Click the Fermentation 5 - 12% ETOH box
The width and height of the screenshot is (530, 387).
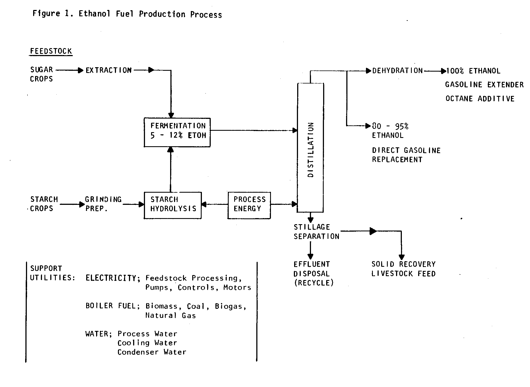[177, 132]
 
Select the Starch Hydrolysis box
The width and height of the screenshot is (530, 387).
[173, 205]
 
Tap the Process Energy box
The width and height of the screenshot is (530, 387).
[249, 205]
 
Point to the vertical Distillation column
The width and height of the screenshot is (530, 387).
[310, 148]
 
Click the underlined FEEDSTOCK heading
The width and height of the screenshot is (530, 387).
[51, 51]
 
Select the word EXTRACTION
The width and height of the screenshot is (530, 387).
[109, 70]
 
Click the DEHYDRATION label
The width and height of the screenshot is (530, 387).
[397, 71]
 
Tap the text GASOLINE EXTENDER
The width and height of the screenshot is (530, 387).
[484, 85]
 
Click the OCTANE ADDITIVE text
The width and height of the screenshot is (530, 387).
[480, 99]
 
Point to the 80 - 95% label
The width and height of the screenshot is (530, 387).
[390, 126]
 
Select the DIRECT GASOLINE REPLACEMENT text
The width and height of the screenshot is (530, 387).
[406, 155]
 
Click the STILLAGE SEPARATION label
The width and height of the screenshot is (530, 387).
[316, 232]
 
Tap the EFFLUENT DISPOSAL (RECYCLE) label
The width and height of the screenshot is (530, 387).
[313, 273]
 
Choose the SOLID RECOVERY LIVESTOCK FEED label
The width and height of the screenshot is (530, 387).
[403, 269]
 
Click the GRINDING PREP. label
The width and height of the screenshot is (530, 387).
[103, 204]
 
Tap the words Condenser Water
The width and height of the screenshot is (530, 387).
[152, 352]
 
